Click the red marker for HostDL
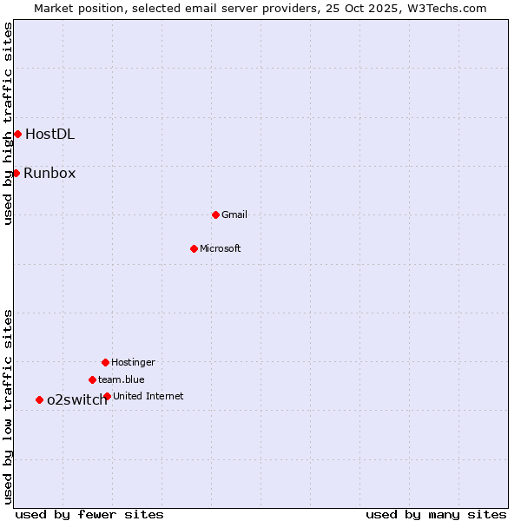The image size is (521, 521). pyautogui.click(x=17, y=134)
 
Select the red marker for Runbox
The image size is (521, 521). pyautogui.click(x=16, y=173)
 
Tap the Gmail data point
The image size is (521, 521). pyautogui.click(x=215, y=214)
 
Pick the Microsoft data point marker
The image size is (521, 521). pyautogui.click(x=194, y=248)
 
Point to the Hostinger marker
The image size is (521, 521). pyautogui.click(x=105, y=362)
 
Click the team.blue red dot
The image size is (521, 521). pyautogui.click(x=92, y=379)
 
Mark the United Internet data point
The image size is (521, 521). pyautogui.click(x=107, y=396)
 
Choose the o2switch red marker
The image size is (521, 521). pyautogui.click(x=39, y=399)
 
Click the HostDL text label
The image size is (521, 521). pyautogui.click(x=49, y=134)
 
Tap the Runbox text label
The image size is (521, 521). pyautogui.click(x=49, y=173)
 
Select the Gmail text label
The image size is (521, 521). pyautogui.click(x=234, y=214)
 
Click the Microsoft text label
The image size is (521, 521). pyautogui.click(x=221, y=248)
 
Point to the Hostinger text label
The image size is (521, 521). pyautogui.click(x=133, y=362)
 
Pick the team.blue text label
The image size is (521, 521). pyautogui.click(x=122, y=379)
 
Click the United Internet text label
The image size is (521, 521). pyautogui.click(x=148, y=396)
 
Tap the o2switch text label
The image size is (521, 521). pyautogui.click(x=76, y=399)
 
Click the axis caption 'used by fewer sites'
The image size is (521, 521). pyautogui.click(x=89, y=514)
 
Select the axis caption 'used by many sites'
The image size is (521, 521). pyautogui.click(x=436, y=514)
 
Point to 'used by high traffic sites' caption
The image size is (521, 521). pyautogui.click(x=8, y=123)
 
